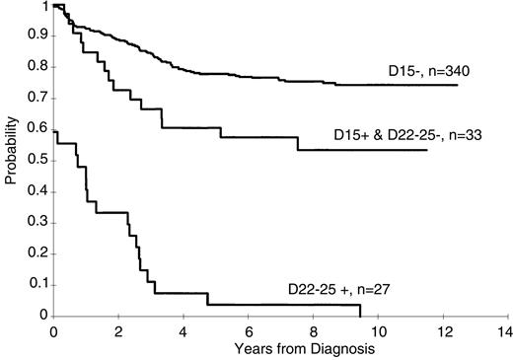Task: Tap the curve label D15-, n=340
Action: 418,71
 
